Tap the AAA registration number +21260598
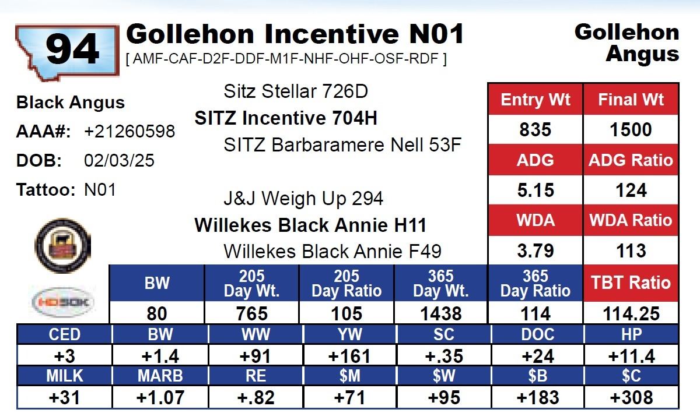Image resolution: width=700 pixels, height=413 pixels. click(x=129, y=132)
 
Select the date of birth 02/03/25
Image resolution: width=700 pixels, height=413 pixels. click(x=119, y=160)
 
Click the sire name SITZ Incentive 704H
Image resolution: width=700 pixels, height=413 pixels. click(x=286, y=118)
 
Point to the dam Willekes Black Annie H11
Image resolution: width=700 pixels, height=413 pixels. click(x=310, y=225)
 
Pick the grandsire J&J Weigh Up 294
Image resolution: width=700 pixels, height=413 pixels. click(x=303, y=199)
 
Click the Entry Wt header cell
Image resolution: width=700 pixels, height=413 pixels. click(x=535, y=99)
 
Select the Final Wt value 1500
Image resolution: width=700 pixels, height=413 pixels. click(x=631, y=129)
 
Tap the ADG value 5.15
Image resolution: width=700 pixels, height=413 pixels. click(x=535, y=190)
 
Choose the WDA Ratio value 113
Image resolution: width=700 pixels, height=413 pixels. click(x=631, y=251)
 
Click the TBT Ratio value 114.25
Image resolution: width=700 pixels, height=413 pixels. click(x=631, y=313)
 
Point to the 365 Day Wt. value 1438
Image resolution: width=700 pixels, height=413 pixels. click(x=441, y=313)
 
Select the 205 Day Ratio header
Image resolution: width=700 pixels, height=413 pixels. click(x=346, y=283)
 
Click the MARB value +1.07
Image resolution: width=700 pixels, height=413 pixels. click(x=160, y=398)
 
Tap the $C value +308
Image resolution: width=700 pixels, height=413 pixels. click(x=631, y=398)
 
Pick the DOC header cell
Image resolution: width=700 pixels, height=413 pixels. click(x=537, y=334)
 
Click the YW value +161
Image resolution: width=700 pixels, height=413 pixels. click(x=349, y=356)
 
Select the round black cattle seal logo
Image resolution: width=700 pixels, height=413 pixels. click(x=62, y=244)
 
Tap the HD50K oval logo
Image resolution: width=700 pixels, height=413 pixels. click(x=62, y=302)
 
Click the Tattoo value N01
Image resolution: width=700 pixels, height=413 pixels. click(x=100, y=190)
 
